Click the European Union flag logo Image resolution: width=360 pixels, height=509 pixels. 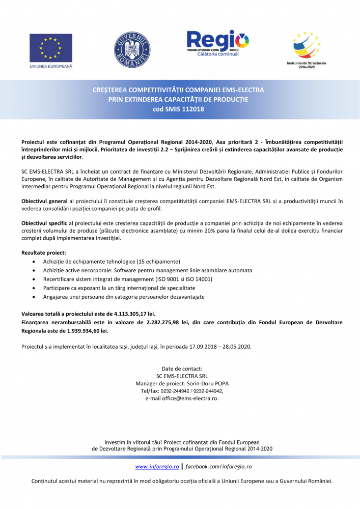pos(50,48)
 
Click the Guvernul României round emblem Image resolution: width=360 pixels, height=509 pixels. pos(131,50)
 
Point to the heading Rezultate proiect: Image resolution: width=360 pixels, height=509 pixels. pos(43,252)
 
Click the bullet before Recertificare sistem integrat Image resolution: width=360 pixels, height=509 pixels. pos(34,279)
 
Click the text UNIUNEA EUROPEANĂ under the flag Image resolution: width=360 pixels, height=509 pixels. pos(50,67)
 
